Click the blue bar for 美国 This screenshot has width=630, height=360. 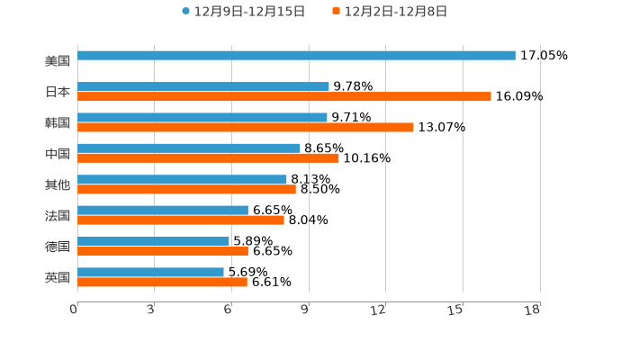pos(296,56)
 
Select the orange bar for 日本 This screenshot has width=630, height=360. pos(284,97)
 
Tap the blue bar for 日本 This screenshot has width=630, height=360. pos(203,87)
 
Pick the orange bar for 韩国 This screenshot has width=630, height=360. pos(246,128)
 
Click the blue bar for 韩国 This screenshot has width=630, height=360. pos(202,118)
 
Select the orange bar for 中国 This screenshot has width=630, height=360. pos(208,158)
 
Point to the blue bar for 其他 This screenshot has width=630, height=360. pos(182,180)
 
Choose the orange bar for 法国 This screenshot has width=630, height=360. pos(181,220)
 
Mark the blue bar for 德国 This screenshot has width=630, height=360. pos(153,241)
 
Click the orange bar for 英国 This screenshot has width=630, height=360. pos(162,283)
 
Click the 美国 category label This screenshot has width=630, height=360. pos(58,61)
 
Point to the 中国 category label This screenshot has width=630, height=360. pos(58,154)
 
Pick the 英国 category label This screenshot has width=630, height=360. pos(58,277)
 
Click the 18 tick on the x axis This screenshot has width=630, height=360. pos(533,310)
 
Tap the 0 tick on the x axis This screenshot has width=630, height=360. pos(75,310)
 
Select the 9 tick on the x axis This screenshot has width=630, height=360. pos(305,310)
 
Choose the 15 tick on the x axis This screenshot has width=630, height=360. pos(456,310)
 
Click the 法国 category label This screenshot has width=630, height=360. pos(58,216)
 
